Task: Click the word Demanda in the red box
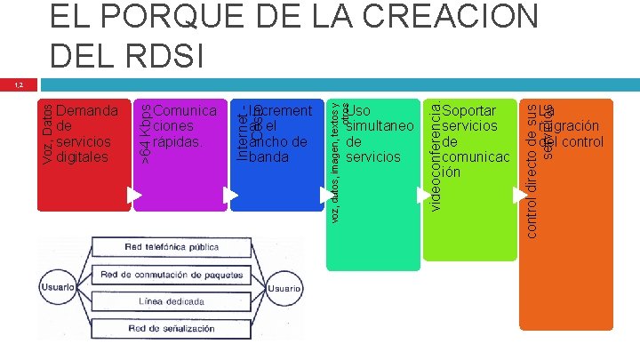(x=87, y=112)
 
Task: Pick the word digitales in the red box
(x=82, y=157)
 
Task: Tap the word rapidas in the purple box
(x=178, y=142)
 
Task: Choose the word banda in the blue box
(x=270, y=157)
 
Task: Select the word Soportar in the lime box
(x=470, y=112)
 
